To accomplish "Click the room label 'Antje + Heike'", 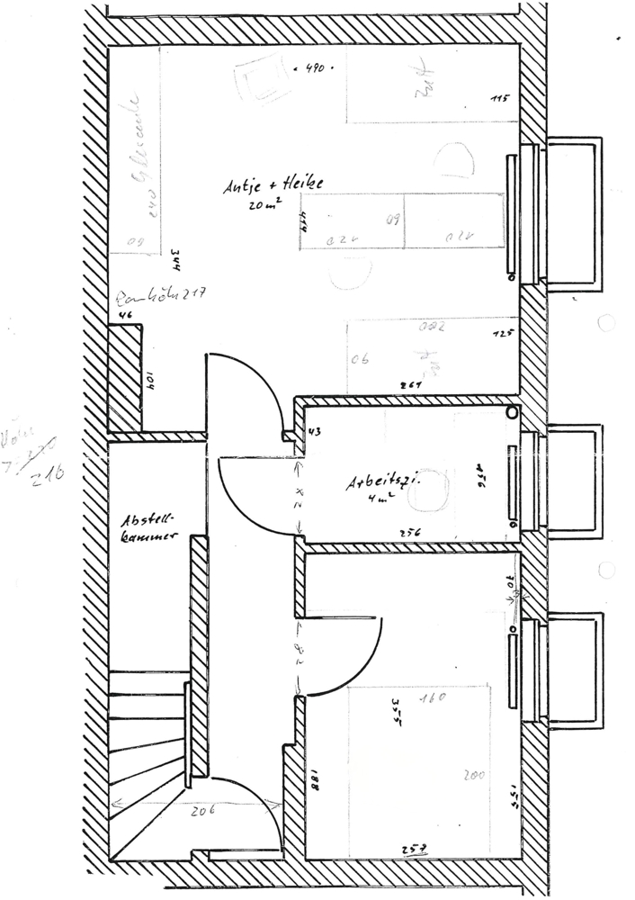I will [x=273, y=186].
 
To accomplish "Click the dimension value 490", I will [x=314, y=68].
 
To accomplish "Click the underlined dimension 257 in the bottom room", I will [x=414, y=848].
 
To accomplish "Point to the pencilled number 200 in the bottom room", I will [x=475, y=774].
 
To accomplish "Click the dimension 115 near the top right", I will [x=500, y=98].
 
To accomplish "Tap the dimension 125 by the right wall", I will [x=502, y=334].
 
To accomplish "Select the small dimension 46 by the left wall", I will [x=124, y=315].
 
